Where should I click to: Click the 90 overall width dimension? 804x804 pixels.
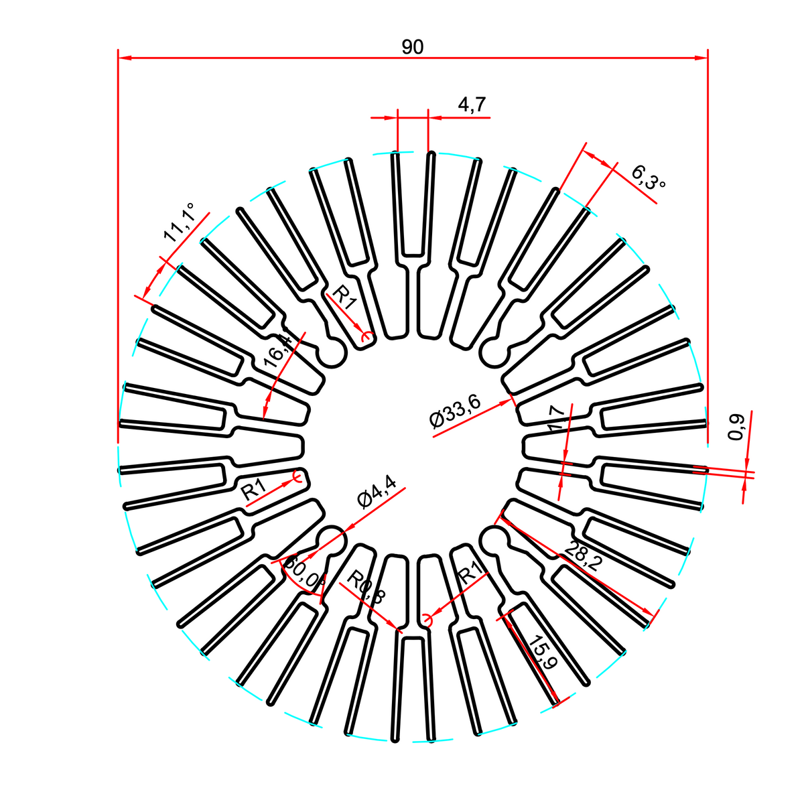(413, 47)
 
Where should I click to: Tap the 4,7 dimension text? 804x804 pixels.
(472, 105)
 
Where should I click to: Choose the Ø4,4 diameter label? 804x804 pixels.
(377, 492)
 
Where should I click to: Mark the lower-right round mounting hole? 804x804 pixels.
(494, 539)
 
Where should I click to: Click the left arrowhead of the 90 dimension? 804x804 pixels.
(125, 58)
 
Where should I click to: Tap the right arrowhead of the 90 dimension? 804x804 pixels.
(701, 58)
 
